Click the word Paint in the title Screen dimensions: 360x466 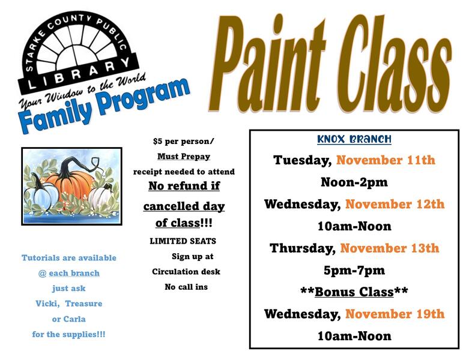point(270,63)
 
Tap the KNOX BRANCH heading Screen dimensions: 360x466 point(354,139)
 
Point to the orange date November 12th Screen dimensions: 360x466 point(395,204)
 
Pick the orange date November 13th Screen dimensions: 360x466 point(390,248)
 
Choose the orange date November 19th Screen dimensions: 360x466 point(395,314)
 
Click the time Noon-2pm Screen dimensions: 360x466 point(354,182)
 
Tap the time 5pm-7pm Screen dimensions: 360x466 point(354,270)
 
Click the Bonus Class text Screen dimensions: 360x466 point(354,292)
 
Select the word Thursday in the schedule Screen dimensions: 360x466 point(303,248)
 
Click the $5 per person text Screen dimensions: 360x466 point(183,142)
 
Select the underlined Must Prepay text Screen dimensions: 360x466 point(184,157)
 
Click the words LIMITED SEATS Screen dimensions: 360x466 point(183,241)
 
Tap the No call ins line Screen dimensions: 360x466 point(186,287)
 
